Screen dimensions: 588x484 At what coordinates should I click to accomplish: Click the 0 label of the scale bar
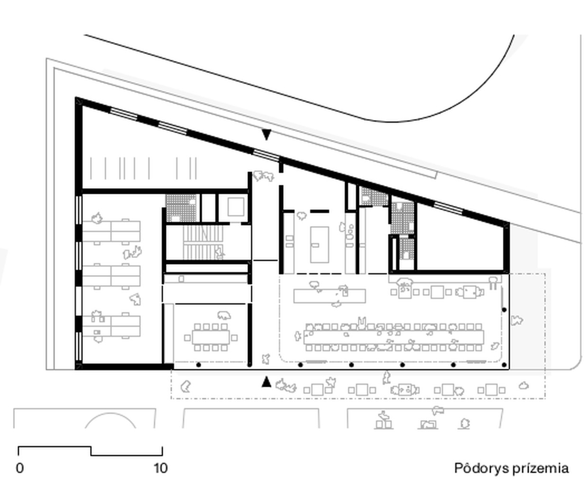point(20,468)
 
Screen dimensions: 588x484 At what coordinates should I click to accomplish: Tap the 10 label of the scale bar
point(161,468)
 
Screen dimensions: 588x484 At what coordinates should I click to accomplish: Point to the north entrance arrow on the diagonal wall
point(266,135)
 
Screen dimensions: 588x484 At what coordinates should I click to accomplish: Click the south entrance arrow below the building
point(266,382)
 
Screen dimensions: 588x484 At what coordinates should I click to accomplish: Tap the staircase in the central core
point(203,242)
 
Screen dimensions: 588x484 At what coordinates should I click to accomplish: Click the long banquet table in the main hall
point(394,338)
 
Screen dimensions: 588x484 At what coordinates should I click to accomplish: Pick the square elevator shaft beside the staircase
point(236,207)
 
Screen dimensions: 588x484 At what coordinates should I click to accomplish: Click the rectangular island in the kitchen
point(320,245)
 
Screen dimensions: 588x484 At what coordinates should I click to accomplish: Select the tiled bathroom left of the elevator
point(181,208)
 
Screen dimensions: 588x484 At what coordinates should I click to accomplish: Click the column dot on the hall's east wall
point(504,310)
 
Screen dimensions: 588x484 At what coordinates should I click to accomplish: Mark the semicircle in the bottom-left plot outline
point(110,414)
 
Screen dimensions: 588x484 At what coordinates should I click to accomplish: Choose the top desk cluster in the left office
point(111,231)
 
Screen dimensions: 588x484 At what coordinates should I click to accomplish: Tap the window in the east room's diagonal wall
point(448,208)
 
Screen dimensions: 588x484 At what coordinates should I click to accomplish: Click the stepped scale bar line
point(91,451)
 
